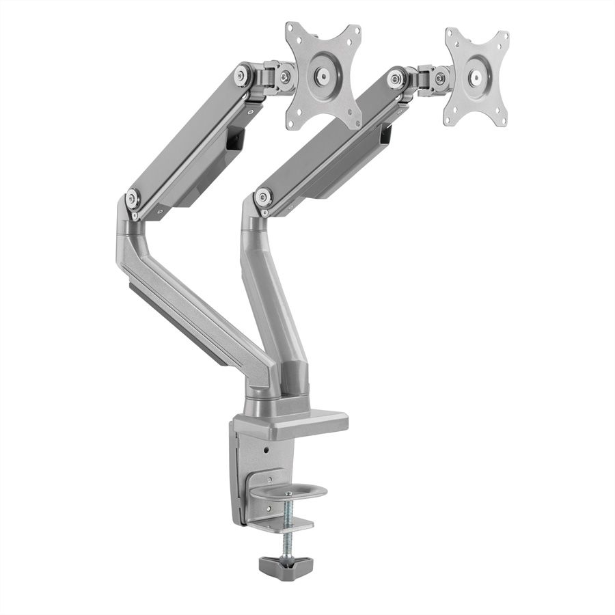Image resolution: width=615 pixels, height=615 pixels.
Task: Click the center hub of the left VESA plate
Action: (323, 75)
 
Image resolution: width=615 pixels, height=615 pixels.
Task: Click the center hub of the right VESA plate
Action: (477, 77)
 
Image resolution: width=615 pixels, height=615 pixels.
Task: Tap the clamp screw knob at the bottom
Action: (286, 564)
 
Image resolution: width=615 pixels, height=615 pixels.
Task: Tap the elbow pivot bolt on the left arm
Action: (133, 200)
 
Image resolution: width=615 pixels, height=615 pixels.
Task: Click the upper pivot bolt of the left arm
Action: (242, 74)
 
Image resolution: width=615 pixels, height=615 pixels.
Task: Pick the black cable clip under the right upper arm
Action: (387, 134)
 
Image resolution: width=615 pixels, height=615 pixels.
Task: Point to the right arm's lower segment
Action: (270, 301)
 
